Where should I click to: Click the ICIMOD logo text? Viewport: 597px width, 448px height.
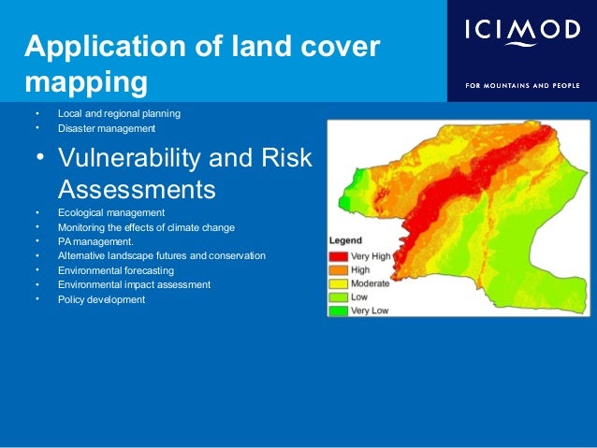click(x=522, y=32)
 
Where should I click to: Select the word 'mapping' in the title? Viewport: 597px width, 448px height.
click(x=86, y=82)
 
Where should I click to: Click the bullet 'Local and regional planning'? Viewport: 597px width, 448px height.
click(x=119, y=114)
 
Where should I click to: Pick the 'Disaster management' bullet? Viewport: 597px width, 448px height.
click(x=106, y=128)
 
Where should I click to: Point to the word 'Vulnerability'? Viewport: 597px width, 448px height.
click(x=136, y=156)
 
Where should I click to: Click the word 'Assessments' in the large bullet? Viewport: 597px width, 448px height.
click(x=137, y=190)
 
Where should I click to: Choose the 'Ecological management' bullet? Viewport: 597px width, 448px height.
click(x=110, y=213)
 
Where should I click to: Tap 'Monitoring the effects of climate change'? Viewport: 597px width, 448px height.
click(x=146, y=227)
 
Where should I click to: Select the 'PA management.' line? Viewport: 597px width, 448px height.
click(x=96, y=241)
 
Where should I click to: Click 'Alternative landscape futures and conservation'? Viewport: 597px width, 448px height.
click(x=161, y=255)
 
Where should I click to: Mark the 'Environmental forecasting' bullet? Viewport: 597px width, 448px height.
click(x=116, y=270)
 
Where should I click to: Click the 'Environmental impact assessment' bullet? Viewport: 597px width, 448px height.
click(x=134, y=284)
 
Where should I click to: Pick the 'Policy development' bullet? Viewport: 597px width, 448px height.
click(x=101, y=299)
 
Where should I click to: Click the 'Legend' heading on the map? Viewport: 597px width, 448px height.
click(x=344, y=240)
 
